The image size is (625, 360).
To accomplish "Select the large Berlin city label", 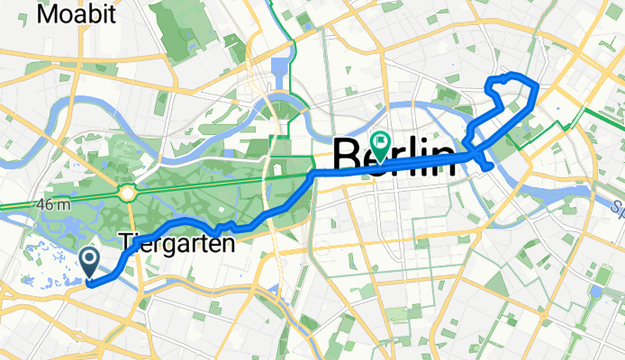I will pos(394,156).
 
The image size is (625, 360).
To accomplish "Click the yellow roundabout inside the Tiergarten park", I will pos(127,192).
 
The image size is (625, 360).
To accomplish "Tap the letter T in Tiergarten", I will pos(125,242).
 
